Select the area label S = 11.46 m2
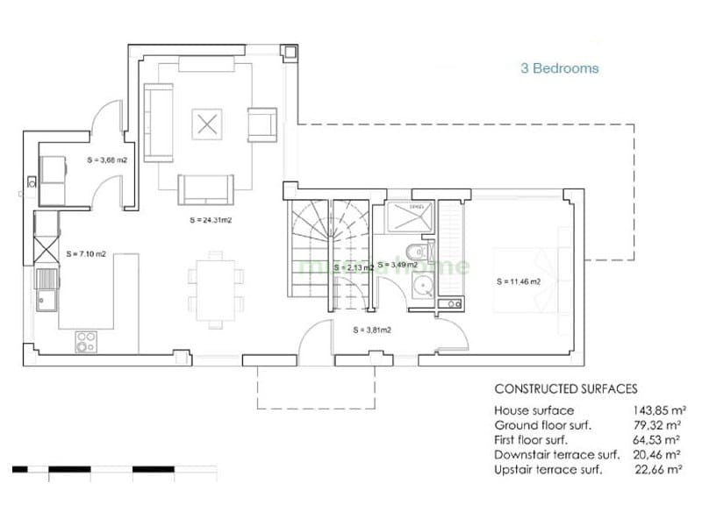point(518,281)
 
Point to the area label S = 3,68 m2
point(108,160)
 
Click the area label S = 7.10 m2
point(86,253)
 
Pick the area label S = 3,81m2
point(371,331)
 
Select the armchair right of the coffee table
point(261,124)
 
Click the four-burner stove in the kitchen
point(86,340)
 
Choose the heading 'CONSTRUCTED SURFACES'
point(566,388)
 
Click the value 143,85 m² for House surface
point(657,410)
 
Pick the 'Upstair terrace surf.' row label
point(548,470)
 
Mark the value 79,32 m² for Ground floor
point(657,425)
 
